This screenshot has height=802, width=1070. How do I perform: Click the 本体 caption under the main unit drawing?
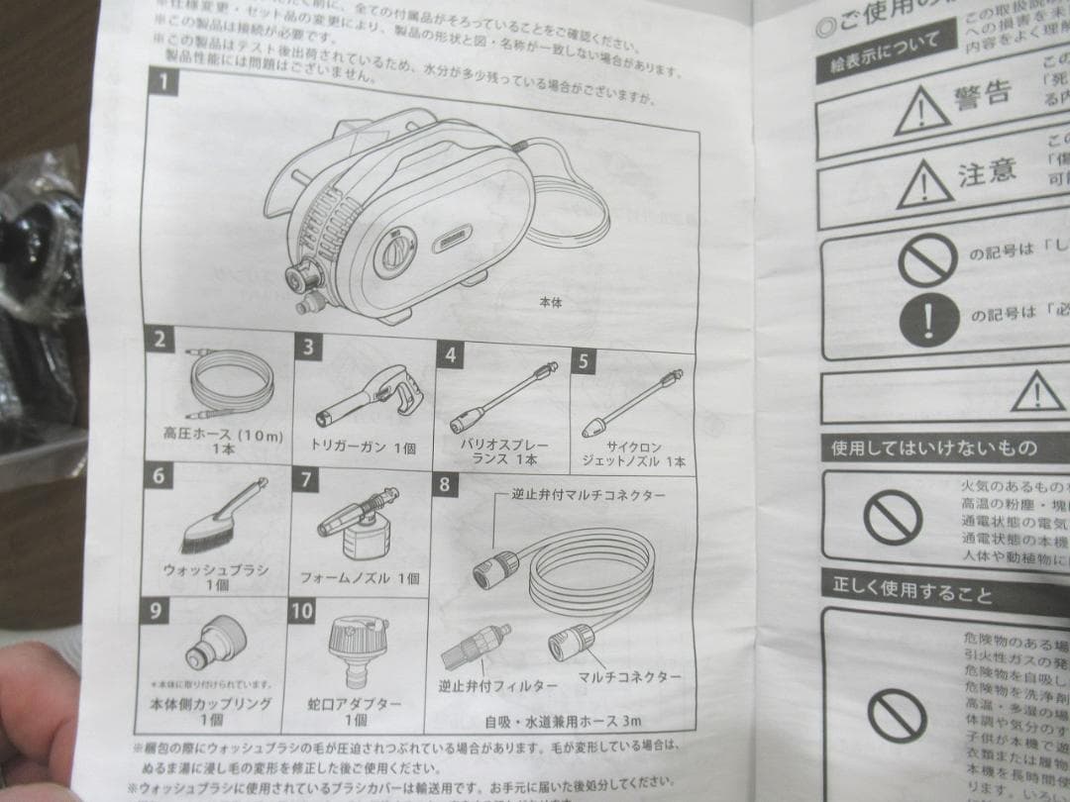[x=551, y=303]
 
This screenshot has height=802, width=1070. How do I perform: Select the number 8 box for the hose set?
[x=445, y=484]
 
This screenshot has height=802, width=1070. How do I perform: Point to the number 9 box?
[x=157, y=609]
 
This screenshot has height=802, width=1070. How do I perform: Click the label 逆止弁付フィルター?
[x=484, y=684]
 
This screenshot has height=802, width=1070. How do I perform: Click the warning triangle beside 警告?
[x=921, y=109]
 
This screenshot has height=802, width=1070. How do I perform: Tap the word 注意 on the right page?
[x=987, y=172]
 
